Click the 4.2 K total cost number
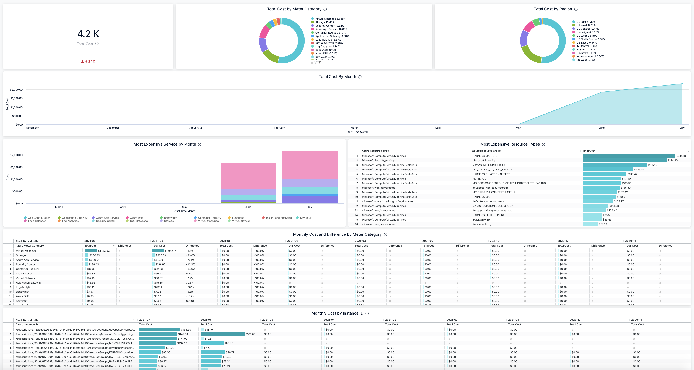88,34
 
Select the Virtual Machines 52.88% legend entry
330,19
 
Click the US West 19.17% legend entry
586,25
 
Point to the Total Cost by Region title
553,9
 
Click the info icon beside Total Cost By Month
360,77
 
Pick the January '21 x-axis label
196,128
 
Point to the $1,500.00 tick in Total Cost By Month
16,98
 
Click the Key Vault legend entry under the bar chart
305,218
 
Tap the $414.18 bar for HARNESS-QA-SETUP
629,156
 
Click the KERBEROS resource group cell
479,179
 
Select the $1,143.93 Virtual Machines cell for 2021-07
104,251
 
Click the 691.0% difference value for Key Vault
190,301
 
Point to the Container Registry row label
27,269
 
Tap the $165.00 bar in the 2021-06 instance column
223,334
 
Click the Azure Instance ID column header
27,325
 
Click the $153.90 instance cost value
186,329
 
